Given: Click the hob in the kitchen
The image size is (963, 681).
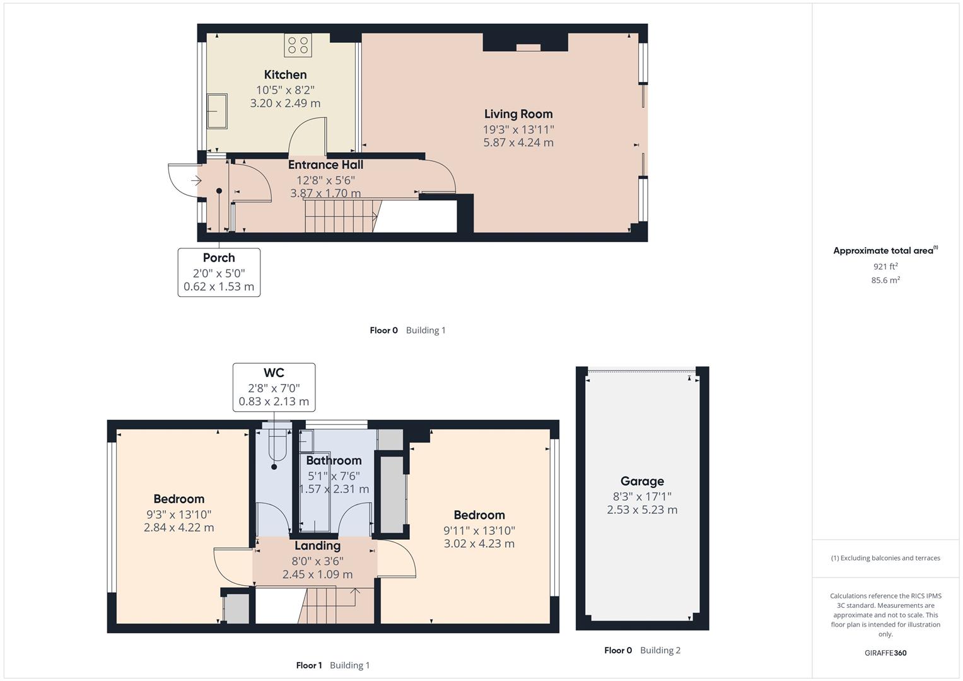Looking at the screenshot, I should point(298,45).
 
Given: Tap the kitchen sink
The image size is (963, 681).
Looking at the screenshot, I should point(217,112).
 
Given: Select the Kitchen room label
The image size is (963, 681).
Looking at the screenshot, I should point(285,75).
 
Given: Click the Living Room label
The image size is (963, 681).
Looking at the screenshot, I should point(518,114).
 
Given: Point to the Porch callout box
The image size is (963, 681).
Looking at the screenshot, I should point(219,272).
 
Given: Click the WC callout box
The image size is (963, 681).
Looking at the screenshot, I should point(274,387).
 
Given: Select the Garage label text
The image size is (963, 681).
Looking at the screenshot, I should point(642,481).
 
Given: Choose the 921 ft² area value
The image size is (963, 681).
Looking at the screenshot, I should point(885,267).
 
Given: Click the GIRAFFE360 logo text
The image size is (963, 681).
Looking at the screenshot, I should point(885,653).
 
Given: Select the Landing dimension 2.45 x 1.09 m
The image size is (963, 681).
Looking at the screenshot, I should point(317,574).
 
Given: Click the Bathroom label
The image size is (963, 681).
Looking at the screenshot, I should point(334,461).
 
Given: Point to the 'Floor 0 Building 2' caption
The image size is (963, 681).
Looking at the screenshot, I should point(642,650).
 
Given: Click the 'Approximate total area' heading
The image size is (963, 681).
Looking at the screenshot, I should point(884,251).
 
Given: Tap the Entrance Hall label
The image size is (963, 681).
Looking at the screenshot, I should point(325,165).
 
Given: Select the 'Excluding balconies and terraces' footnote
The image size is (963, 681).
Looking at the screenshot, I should point(885,558).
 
